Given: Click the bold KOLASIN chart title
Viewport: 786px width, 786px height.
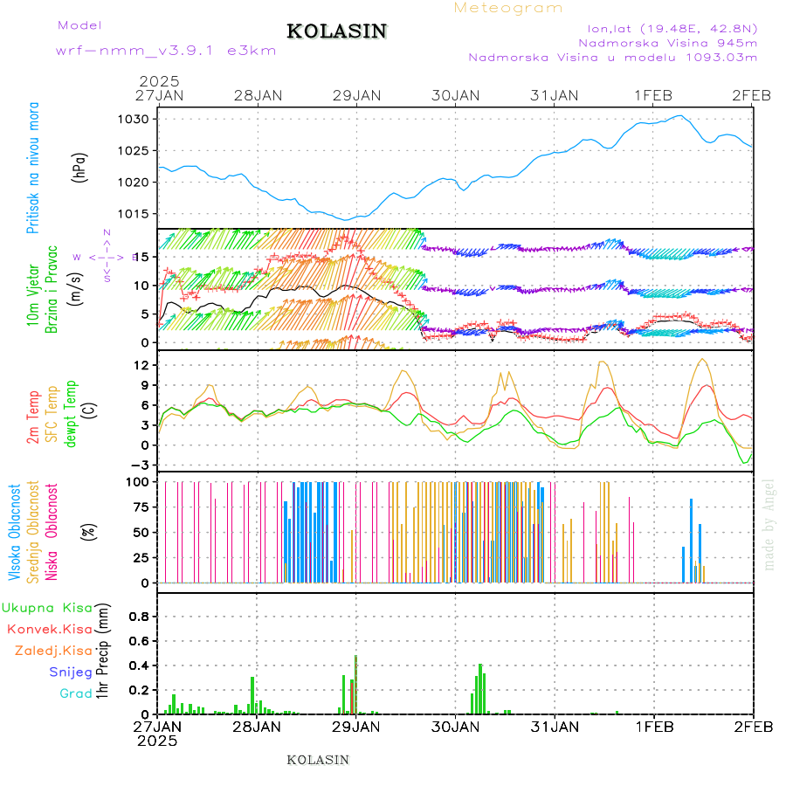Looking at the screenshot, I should click(336, 31).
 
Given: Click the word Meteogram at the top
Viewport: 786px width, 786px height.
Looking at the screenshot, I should click(508, 8).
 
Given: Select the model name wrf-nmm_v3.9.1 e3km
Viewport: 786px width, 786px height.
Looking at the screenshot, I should click(166, 50).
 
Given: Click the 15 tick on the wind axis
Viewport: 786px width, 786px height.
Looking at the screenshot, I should click(144, 256).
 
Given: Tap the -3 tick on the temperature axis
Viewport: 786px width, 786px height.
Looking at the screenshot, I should click(142, 465).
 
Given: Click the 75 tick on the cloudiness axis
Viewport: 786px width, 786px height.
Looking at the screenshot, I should click(143, 507).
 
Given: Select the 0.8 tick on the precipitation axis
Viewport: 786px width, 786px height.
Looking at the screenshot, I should click(140, 616).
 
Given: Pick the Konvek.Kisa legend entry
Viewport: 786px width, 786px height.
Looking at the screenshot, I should click(49, 628).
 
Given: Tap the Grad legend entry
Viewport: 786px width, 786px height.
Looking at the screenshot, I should click(75, 693).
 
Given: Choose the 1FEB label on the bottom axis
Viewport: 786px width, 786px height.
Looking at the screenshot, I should click(653, 726).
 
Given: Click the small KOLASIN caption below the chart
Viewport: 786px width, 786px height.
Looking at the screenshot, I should click(318, 760).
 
